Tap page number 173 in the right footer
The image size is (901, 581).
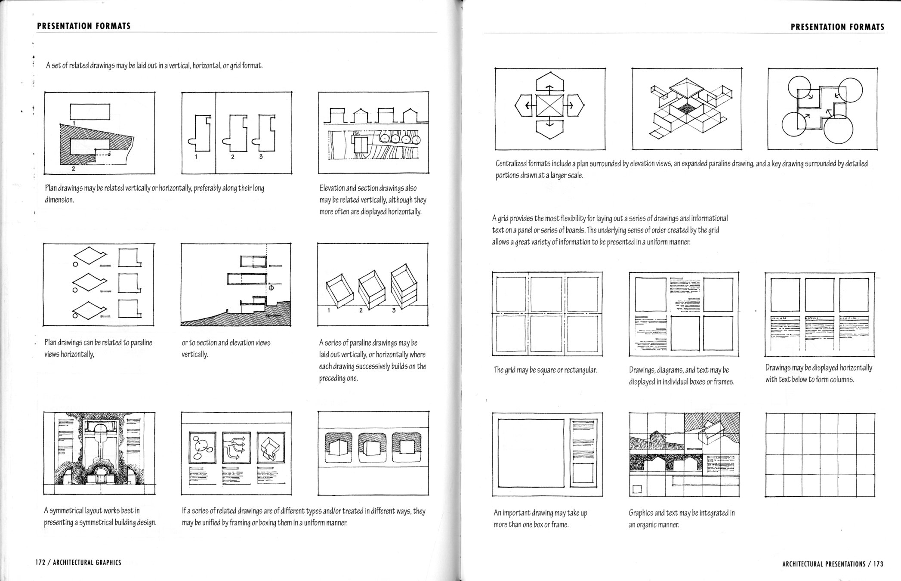[x=878, y=564]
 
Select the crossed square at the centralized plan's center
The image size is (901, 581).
[x=549, y=105]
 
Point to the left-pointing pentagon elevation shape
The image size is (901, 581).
[x=524, y=105]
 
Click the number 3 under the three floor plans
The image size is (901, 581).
[x=261, y=157]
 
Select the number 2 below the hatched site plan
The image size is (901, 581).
[x=74, y=169]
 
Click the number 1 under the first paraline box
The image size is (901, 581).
[x=329, y=310]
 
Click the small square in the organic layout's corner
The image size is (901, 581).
[x=637, y=489]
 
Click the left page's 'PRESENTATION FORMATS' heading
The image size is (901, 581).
[x=84, y=26]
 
